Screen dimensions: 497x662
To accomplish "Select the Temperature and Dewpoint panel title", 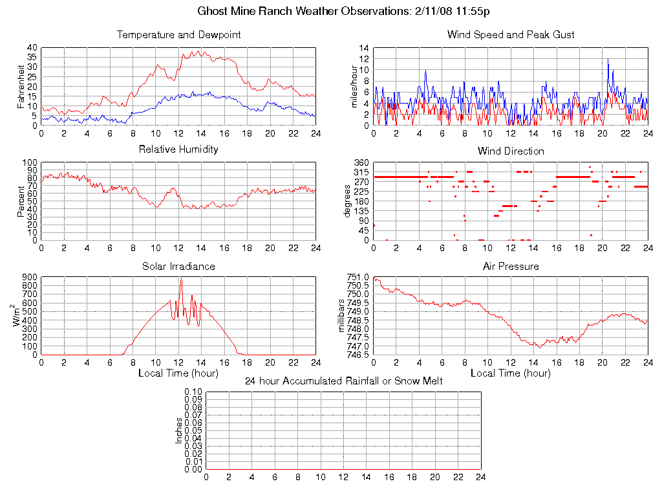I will pyautogui.click(x=178, y=35).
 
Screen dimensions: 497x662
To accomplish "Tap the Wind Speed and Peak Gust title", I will pyautogui.click(x=511, y=35).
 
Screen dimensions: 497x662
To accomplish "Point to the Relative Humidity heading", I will pyautogui.click(x=178, y=149).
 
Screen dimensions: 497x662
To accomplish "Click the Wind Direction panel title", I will pyautogui.click(x=511, y=151).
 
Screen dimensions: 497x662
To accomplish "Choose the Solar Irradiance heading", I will pyautogui.click(x=178, y=266).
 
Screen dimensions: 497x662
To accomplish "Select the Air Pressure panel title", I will pyautogui.click(x=511, y=266).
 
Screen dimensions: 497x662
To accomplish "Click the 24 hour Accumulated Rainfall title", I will pyautogui.click(x=343, y=381).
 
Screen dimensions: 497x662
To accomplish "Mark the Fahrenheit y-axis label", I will pyautogui.click(x=21, y=86).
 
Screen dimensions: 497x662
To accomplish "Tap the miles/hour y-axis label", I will pyautogui.click(x=353, y=86).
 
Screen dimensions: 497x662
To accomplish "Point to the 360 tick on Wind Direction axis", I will pyautogui.click(x=361, y=162).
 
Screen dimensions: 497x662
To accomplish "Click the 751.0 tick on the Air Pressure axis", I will pyautogui.click(x=357, y=277).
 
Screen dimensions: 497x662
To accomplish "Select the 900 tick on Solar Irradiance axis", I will pyautogui.click(x=29, y=277).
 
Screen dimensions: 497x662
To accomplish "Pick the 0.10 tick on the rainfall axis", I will pyautogui.click(x=193, y=392).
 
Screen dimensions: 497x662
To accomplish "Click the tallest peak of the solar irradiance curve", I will pyautogui.click(x=181, y=278).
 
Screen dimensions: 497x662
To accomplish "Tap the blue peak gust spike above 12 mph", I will pyautogui.click(x=608, y=60).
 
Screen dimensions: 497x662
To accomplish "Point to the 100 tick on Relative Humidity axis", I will pyautogui.click(x=29, y=162).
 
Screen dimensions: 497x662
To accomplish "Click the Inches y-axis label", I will pyautogui.click(x=179, y=430).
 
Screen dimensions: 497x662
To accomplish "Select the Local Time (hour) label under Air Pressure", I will pyautogui.click(x=511, y=373).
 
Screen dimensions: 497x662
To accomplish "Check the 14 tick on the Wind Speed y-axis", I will pyautogui.click(x=364, y=48).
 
